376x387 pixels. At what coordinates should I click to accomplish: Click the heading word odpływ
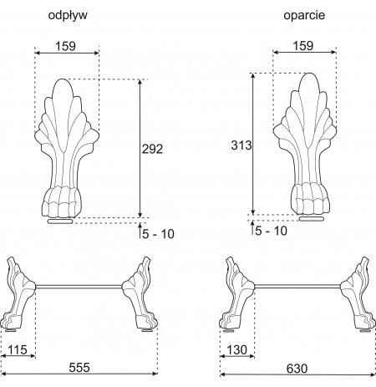tap(68, 16)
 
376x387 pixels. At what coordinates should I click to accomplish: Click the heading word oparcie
tap(304, 15)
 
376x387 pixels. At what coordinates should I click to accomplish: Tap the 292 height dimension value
tap(152, 149)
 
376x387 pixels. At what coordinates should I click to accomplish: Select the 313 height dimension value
tap(241, 145)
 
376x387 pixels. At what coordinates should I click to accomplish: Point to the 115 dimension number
tap(18, 349)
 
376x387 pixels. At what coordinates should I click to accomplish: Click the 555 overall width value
tap(79, 368)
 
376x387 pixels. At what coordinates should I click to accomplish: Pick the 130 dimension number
tap(236, 349)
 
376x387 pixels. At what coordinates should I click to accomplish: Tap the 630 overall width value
tap(297, 369)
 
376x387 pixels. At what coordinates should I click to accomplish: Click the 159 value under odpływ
tap(65, 46)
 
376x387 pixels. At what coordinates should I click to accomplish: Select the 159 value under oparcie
tap(303, 46)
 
